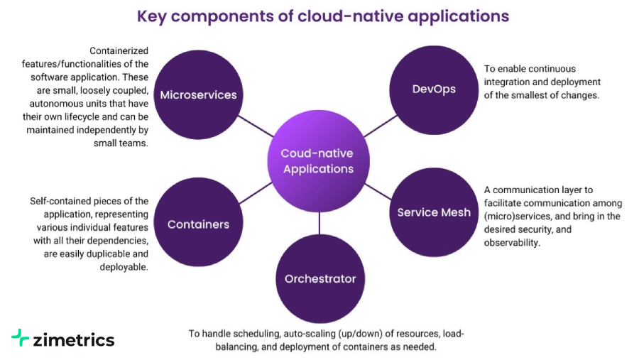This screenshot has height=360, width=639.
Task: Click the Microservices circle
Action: (198, 94)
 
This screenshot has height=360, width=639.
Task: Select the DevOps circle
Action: (434, 89)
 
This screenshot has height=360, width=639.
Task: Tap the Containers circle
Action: (198, 224)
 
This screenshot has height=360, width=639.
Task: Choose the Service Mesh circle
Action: (433, 212)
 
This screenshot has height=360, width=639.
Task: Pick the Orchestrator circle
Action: (319, 278)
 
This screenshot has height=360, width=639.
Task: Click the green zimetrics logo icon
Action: (21, 338)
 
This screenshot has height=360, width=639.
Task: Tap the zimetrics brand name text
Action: (74, 339)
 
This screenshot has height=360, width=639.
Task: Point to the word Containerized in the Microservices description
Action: (120, 51)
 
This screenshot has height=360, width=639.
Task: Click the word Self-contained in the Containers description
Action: (60, 202)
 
